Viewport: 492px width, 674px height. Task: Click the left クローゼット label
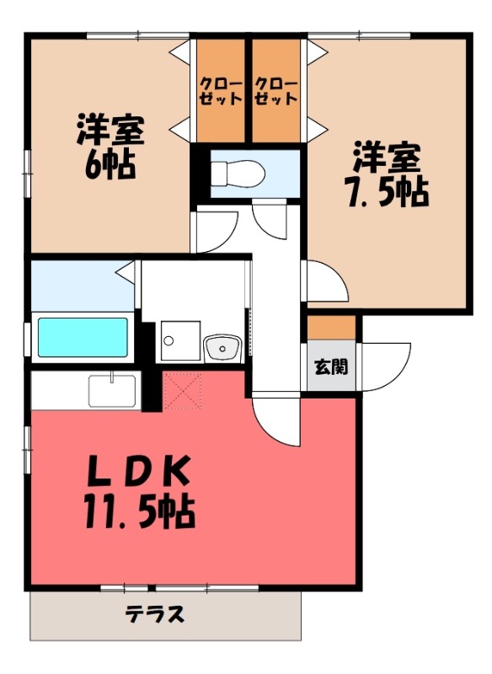point(221,91)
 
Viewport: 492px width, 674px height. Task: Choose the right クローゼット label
point(275,91)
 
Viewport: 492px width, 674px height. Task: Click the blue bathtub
point(83,336)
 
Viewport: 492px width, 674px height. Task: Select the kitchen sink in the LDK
point(112,390)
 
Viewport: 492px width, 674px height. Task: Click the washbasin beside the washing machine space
point(222,345)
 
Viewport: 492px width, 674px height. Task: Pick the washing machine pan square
point(179,342)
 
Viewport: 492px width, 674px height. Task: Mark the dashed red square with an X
point(184,390)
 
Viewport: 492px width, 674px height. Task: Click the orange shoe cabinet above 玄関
point(331,327)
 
